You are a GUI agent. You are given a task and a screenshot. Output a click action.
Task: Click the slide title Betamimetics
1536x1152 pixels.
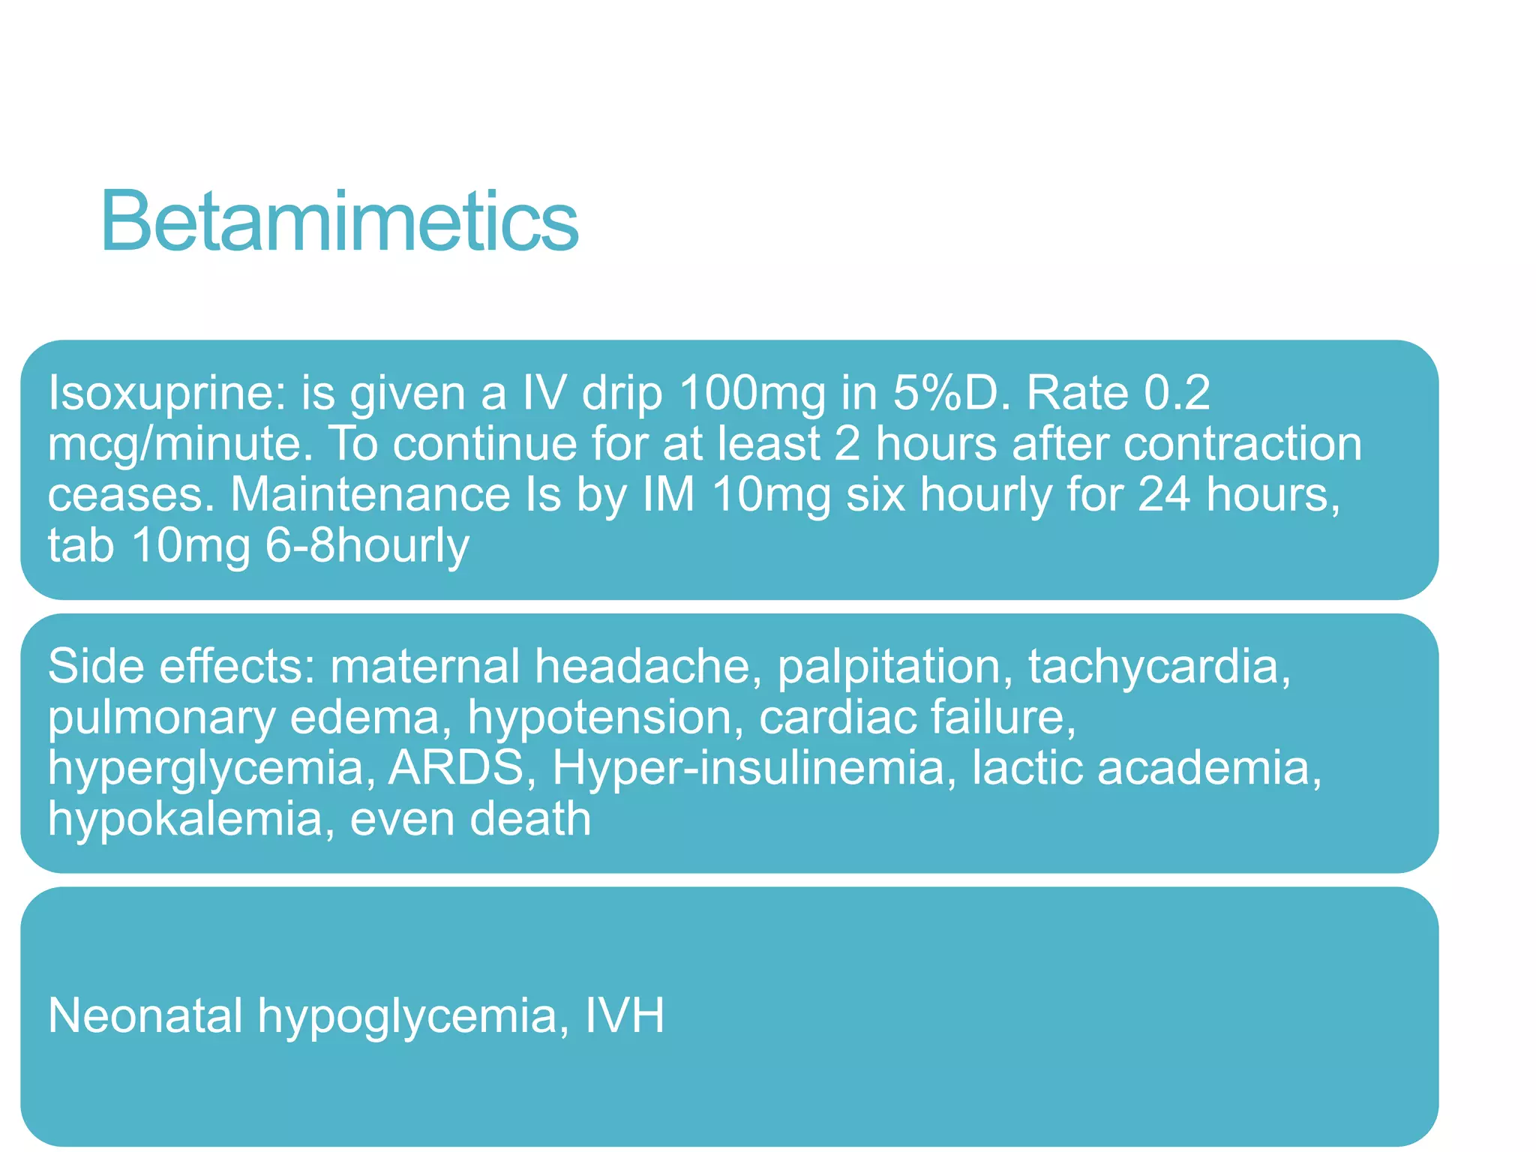tap(339, 222)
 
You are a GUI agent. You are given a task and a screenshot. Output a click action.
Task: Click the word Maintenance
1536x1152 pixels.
tap(370, 495)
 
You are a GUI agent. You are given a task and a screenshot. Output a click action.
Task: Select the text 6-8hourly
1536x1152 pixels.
tap(367, 546)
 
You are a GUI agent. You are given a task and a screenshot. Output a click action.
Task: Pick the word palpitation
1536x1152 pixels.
tap(889, 667)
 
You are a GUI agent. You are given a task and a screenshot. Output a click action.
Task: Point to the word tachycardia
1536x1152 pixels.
tap(1159, 667)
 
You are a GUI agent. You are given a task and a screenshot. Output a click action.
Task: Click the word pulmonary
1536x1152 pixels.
tap(162, 718)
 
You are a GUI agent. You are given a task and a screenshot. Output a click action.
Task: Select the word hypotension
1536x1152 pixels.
tap(599, 718)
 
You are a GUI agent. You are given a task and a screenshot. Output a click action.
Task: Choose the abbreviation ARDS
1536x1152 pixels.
tap(456, 767)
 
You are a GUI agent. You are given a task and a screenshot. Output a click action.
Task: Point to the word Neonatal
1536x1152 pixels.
tap(145, 1016)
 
